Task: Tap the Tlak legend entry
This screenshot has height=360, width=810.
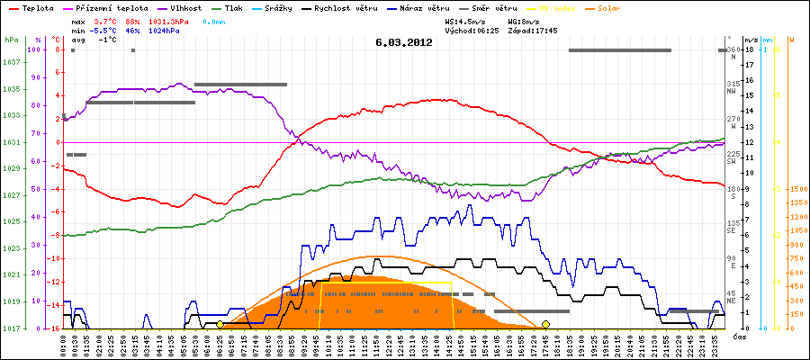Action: tap(232, 7)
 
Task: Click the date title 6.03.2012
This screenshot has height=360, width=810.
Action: tap(404, 41)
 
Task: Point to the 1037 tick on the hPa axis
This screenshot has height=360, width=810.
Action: tap(11, 63)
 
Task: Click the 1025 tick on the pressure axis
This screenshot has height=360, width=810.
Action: tap(11, 222)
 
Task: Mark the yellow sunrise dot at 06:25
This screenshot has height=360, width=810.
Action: tap(220, 324)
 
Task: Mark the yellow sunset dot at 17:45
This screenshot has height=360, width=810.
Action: tap(545, 324)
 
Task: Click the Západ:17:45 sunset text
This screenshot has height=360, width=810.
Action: tap(533, 30)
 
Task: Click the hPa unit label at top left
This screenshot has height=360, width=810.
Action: tap(10, 40)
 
